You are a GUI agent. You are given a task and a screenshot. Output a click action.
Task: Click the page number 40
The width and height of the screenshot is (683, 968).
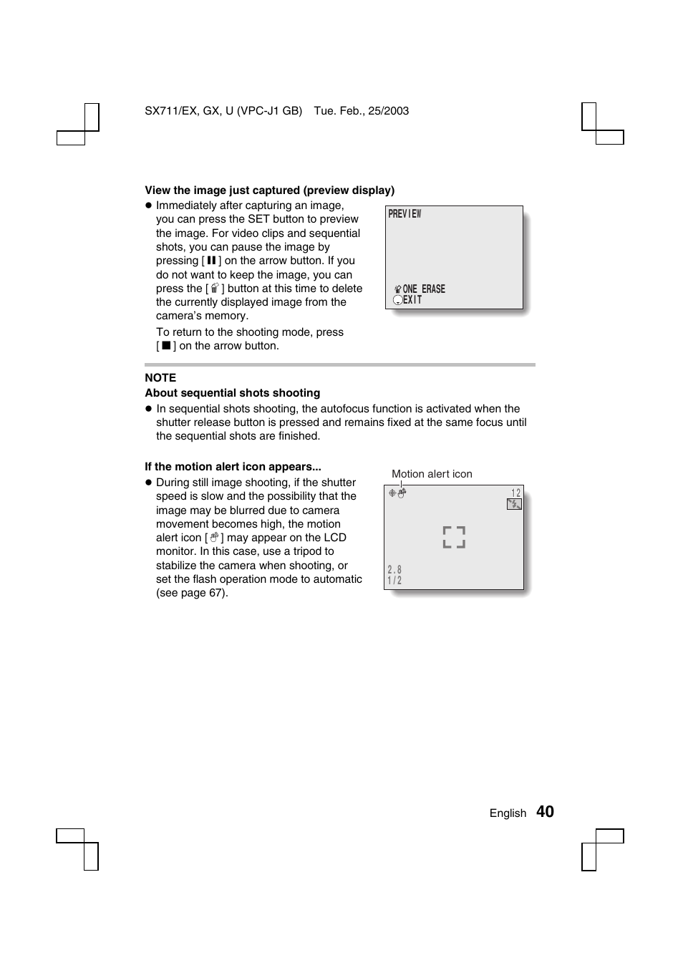coord(545,811)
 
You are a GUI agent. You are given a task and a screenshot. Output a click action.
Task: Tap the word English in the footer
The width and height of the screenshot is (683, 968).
coord(508,813)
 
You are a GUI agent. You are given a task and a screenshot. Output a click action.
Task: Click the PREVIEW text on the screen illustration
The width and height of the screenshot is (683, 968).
coord(405,214)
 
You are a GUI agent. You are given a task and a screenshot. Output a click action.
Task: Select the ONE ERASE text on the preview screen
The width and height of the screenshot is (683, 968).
coord(424,289)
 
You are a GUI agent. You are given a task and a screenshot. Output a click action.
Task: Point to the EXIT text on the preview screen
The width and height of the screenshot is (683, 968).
coord(412,300)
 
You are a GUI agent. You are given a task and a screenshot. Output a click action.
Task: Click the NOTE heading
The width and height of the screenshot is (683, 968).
coord(160,378)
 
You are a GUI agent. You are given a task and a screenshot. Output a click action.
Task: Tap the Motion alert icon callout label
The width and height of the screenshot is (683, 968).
coord(432,474)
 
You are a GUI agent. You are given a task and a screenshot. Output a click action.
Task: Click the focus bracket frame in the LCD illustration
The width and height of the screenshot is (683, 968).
coord(454,537)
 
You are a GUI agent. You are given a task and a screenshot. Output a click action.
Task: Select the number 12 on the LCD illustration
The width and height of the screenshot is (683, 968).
coord(515,493)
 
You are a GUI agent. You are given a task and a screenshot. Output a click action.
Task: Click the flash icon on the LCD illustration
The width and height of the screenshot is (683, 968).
coord(514,504)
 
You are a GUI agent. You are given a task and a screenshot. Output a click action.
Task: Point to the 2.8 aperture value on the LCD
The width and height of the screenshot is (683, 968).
coord(394,570)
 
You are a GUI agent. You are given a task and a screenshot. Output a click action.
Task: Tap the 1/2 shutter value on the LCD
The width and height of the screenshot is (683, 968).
coord(394,581)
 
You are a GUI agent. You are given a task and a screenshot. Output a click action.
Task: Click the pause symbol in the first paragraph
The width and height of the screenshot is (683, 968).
coord(211,261)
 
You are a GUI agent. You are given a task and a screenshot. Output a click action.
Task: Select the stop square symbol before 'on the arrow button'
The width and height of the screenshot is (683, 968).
coord(165,346)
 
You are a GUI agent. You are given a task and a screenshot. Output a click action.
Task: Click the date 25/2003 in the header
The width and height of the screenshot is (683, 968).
coord(389,111)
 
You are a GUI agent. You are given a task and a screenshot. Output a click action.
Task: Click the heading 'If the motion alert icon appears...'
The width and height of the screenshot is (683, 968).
coord(233,467)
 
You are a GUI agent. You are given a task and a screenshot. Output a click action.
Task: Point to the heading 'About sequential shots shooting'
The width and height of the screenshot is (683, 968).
coord(232,393)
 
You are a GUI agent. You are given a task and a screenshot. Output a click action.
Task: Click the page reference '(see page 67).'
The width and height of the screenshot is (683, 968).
coord(192,593)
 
